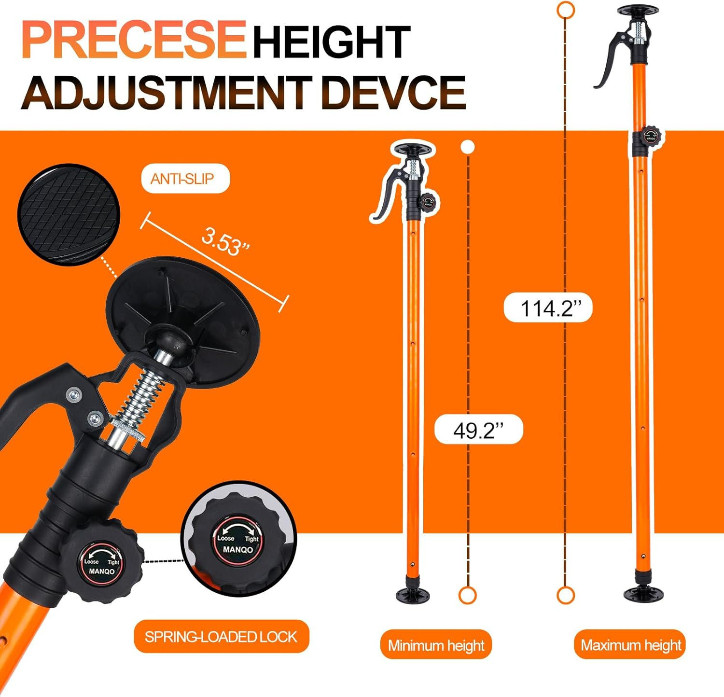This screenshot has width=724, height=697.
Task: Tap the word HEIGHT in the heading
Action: (332, 42)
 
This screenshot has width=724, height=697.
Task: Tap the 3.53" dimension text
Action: (225, 241)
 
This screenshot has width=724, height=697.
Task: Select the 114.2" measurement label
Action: (548, 307)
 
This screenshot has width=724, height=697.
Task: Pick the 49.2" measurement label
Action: (478, 429)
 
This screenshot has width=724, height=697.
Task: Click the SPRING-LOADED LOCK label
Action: (221, 637)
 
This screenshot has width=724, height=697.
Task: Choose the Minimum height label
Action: (436, 645)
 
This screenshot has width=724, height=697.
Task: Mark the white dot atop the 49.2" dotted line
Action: (467, 147)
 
